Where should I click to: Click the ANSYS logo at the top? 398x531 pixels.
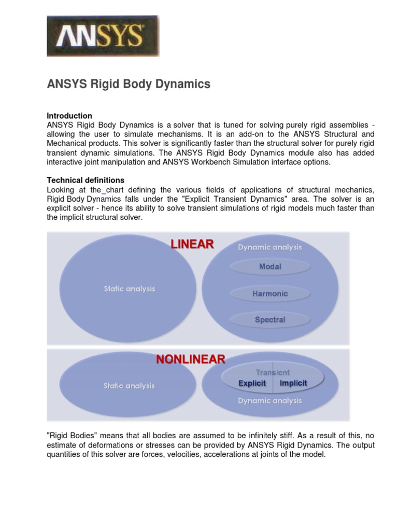coord(103,36)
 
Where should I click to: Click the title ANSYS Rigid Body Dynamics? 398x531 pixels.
coord(129,84)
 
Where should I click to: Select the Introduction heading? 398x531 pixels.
coord(69,116)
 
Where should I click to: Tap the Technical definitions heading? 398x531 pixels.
coord(86,180)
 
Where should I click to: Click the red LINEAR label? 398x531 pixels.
coord(192,244)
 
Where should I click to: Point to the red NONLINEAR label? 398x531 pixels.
coord(191,359)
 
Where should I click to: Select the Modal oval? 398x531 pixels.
coord(270,267)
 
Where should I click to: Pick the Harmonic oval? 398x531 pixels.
coord(270,294)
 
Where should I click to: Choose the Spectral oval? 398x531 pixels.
coord(270,319)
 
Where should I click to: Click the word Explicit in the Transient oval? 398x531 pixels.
coord(252,383)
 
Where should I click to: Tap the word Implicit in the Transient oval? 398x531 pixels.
coord(293,383)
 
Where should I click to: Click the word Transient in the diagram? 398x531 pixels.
coord(273,372)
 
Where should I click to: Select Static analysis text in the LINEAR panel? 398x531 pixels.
coord(129,289)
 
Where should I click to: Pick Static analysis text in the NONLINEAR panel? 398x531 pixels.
coord(129,386)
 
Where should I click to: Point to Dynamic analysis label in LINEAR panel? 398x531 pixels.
coord(269,247)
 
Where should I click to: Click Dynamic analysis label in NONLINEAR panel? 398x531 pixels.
coord(269,400)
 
